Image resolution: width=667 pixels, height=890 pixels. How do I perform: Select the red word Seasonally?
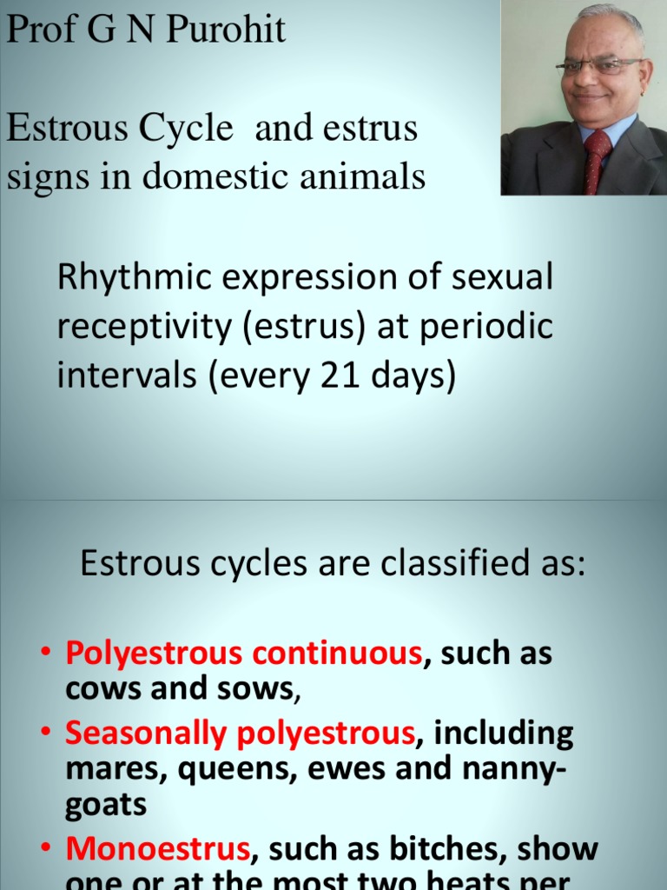point(142,734)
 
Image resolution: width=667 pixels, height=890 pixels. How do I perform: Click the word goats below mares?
point(106,805)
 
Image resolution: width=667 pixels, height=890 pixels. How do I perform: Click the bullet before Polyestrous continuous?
point(48,654)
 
